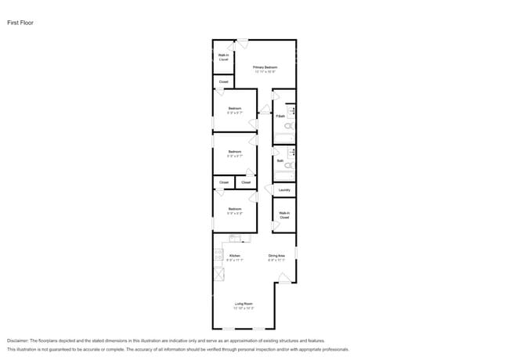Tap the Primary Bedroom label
(265, 67)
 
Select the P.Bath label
(280, 117)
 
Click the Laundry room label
(284, 189)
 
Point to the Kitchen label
(234, 255)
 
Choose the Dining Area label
(276, 255)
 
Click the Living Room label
(244, 303)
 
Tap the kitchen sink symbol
(234, 239)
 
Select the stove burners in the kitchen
(217, 255)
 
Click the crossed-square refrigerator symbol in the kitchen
(218, 275)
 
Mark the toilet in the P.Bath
(288, 125)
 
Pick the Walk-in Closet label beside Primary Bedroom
(223, 57)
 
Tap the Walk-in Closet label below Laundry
(284, 214)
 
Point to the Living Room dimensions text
(244, 308)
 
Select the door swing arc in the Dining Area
(287, 275)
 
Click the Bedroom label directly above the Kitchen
(234, 209)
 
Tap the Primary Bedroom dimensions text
(265, 72)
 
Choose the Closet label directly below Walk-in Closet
(223, 81)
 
